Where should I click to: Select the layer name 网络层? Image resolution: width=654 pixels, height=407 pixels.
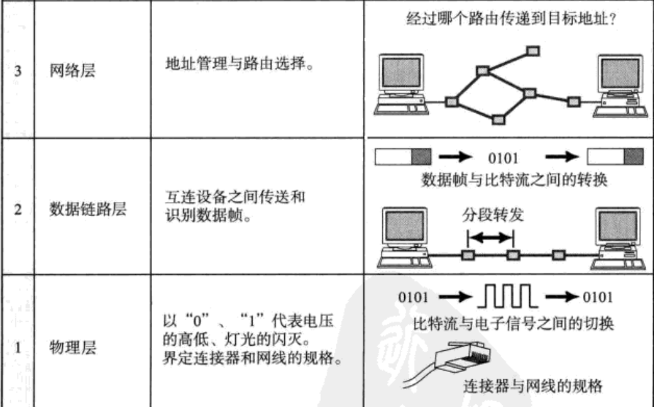click(69, 74)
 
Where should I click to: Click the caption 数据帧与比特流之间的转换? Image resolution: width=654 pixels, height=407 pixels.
click(509, 179)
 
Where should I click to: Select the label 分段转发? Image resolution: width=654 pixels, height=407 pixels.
click(491, 217)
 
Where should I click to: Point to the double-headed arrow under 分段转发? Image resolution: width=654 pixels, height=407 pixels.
click(491, 237)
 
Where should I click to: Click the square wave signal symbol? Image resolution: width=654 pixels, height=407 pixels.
click(508, 297)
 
